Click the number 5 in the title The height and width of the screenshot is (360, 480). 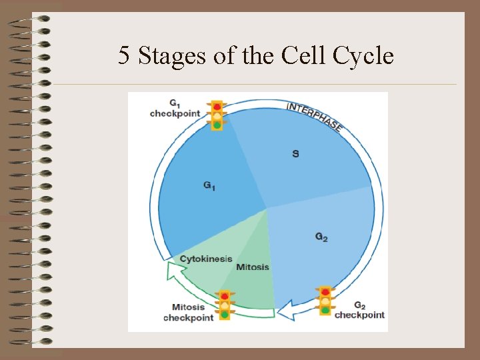click(x=124, y=55)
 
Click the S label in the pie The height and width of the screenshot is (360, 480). click(x=295, y=154)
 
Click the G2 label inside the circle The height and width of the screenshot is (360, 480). click(x=321, y=237)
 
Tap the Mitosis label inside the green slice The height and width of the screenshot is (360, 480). click(x=253, y=267)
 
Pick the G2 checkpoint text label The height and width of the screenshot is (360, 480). click(x=359, y=310)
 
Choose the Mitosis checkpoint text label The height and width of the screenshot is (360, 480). click(x=188, y=313)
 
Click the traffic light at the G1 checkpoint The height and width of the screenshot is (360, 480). click(x=217, y=115)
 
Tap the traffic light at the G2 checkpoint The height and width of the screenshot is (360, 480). click(x=325, y=301)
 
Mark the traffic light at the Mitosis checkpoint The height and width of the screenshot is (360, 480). click(x=225, y=305)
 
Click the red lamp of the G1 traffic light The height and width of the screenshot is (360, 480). click(x=217, y=106)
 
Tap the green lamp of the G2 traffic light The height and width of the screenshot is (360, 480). click(x=325, y=310)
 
